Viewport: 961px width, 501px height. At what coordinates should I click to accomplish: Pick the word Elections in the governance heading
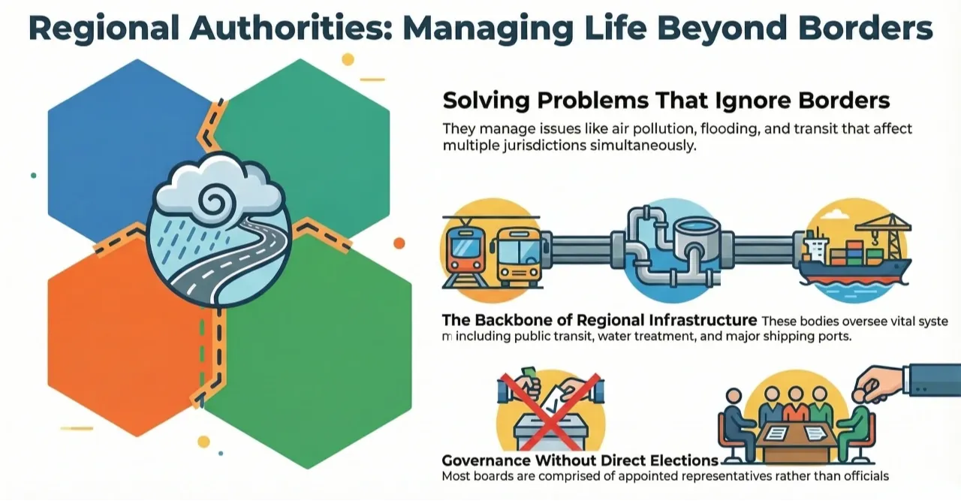[x=676, y=460]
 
